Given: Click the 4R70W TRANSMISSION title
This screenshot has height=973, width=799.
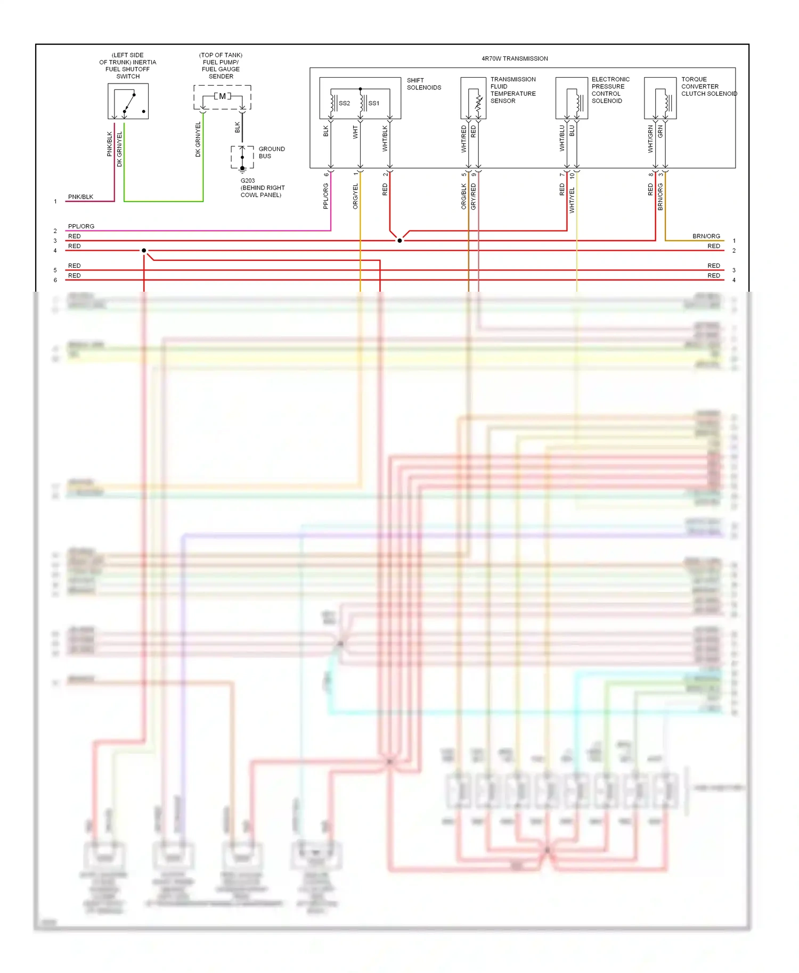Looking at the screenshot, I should coord(514,59).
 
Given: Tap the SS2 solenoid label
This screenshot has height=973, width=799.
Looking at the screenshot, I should coord(344,103).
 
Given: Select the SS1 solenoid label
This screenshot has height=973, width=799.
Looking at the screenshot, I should coord(374,103).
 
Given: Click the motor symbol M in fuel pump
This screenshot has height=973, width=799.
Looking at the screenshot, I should coord(222,96).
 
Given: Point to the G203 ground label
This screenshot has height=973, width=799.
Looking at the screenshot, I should coord(248,181).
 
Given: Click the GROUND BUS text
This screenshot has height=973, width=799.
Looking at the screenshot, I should coord(272,153).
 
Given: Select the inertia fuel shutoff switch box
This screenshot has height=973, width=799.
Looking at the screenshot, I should coord(128,101).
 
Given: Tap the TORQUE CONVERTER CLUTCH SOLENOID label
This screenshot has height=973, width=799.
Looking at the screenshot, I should coord(708,86).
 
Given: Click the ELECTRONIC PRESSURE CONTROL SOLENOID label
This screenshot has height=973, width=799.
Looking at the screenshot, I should coord(610,90).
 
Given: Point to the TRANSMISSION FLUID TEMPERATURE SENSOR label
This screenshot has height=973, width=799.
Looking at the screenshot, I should coord(512,90).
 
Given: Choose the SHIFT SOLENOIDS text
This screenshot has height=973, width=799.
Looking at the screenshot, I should coord(424,84).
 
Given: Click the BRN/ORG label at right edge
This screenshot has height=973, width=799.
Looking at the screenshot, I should coord(706,236).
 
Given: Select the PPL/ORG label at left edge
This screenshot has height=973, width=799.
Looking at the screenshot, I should coord(81,226).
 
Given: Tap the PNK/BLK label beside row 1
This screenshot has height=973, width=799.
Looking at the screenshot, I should coord(80,197).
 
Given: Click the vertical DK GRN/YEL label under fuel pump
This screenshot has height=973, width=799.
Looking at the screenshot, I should coord(198,139).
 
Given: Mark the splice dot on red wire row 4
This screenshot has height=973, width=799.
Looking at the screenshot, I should coord(144,251).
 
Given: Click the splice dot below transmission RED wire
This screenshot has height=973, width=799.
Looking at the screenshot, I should coord(399,241).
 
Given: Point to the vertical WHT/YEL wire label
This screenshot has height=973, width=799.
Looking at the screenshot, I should coord(572,200).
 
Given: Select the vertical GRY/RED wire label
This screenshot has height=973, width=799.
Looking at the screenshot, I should coord(474,196).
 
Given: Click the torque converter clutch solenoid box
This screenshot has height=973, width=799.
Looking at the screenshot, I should coord(660,98).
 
